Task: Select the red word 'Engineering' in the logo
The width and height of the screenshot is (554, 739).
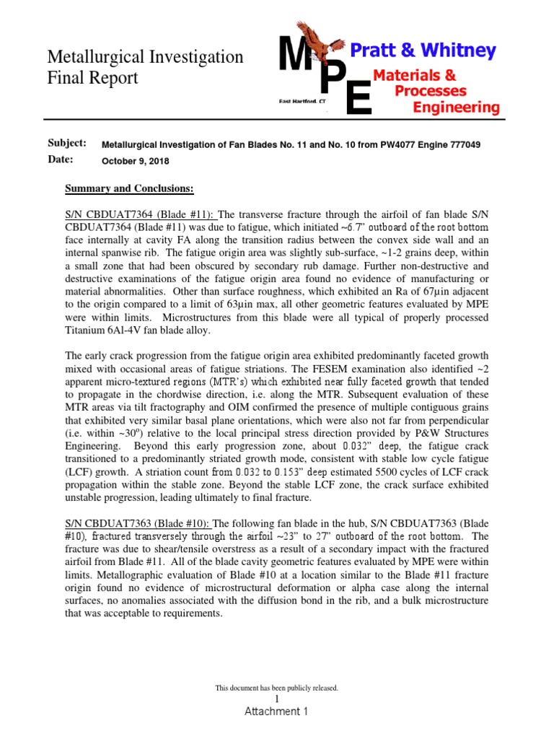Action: tap(455, 108)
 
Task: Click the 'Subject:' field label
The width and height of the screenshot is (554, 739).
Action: tap(67, 143)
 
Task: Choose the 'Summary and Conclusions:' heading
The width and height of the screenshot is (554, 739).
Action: tap(129, 188)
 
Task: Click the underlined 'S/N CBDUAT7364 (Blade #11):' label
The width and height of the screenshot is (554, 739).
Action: tap(141, 214)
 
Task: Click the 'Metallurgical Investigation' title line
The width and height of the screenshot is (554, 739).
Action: tap(145, 57)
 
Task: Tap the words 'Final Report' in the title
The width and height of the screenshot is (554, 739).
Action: tap(92, 78)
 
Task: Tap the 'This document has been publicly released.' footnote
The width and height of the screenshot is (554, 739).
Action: tap(277, 688)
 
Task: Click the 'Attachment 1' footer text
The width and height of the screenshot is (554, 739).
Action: tap(276, 712)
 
